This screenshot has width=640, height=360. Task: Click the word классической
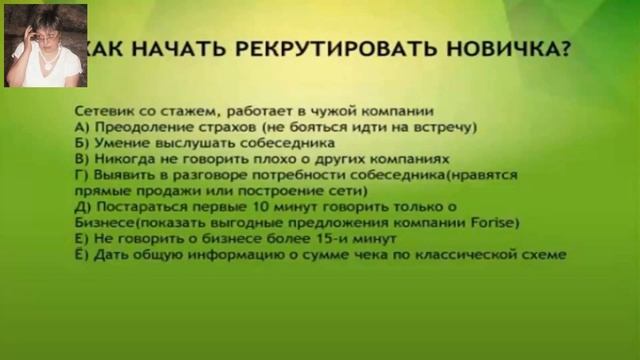(x=466, y=255)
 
